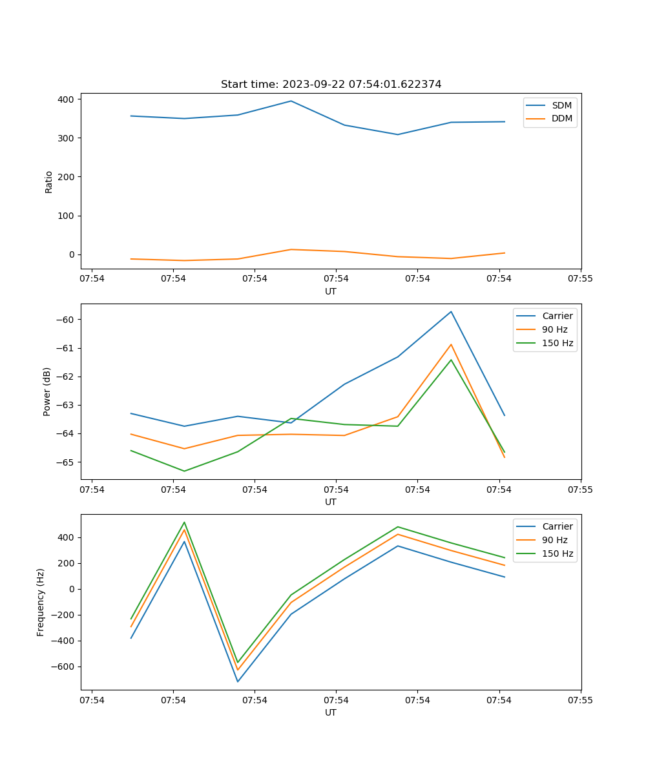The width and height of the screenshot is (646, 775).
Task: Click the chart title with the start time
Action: [331, 85]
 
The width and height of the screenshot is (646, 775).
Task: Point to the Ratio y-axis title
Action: [49, 181]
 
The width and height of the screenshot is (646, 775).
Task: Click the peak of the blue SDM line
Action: [291, 101]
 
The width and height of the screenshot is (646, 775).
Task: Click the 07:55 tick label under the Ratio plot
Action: [580, 279]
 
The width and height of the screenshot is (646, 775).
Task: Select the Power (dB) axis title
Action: [47, 392]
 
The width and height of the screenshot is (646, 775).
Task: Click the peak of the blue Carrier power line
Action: [451, 312]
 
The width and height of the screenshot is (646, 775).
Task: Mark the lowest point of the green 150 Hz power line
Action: [184, 471]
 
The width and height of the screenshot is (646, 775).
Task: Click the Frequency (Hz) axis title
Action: [41, 602]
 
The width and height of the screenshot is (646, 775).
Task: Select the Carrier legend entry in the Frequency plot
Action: [557, 526]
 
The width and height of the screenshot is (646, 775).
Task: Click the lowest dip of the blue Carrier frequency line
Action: [238, 681]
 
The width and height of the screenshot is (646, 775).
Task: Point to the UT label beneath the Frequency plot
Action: [331, 712]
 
